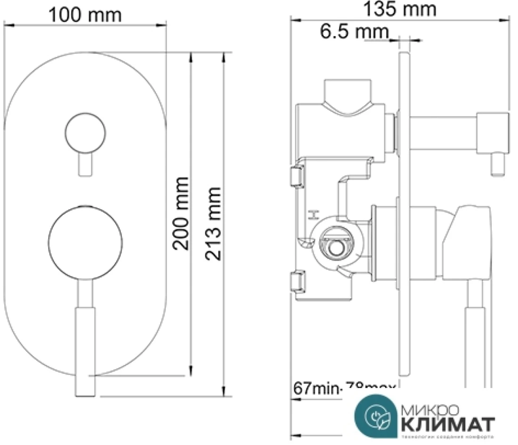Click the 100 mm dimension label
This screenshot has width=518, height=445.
pos(85,15)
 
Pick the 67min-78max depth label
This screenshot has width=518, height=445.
pos(344,389)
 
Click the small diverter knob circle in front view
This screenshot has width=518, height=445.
pos(85,133)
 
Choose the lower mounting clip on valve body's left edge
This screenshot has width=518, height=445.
pos(297,284)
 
